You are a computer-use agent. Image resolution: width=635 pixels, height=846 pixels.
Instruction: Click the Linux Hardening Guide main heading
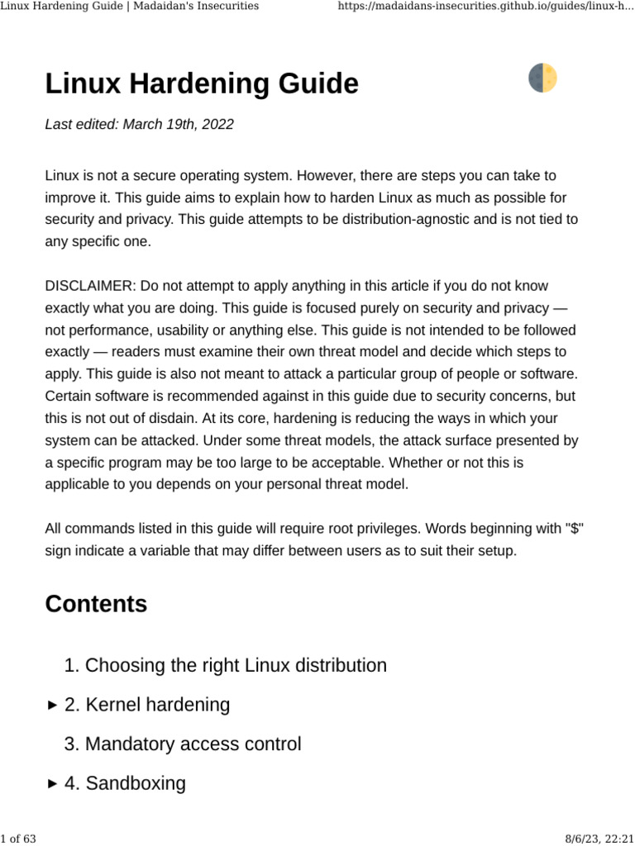click(x=202, y=83)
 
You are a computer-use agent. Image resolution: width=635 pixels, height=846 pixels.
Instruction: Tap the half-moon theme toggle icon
click(x=542, y=78)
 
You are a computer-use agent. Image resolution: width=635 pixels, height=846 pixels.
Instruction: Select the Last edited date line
click(x=139, y=125)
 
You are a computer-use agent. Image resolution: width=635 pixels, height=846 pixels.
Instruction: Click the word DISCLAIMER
click(x=90, y=286)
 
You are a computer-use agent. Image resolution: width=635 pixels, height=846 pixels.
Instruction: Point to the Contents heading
click(x=96, y=604)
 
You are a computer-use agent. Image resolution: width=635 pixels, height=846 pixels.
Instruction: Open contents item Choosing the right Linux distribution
click(x=236, y=665)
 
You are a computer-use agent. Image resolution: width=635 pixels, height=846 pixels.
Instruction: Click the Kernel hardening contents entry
click(x=157, y=705)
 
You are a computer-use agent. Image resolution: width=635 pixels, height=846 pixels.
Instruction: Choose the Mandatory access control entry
click(x=193, y=744)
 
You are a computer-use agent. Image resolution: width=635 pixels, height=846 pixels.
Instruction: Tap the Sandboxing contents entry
click(x=136, y=783)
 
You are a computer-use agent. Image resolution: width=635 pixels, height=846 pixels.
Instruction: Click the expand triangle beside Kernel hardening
click(x=52, y=706)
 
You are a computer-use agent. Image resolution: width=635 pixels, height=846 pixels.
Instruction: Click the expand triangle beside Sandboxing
click(x=52, y=784)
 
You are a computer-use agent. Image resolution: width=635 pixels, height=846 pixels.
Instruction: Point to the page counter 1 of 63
click(x=18, y=839)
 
